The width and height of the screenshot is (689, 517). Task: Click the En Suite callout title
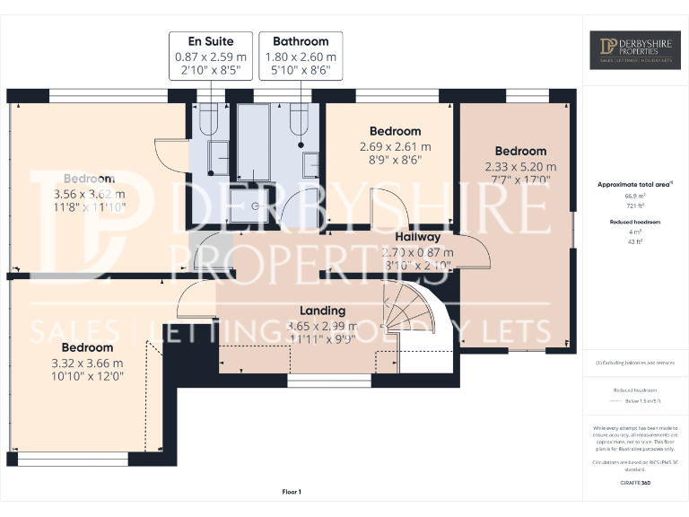click(209, 41)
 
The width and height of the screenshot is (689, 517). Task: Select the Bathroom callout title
click(301, 41)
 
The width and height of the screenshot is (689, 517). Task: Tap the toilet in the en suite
click(209, 119)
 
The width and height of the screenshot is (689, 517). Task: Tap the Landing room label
click(322, 310)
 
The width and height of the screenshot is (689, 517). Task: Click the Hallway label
click(418, 237)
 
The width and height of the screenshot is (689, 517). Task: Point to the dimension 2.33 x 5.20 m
click(520, 167)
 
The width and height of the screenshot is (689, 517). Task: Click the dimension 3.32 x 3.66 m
click(88, 364)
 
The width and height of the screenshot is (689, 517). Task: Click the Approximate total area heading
click(635, 184)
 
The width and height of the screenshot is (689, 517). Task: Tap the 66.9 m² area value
click(635, 195)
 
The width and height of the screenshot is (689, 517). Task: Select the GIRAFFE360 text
click(635, 483)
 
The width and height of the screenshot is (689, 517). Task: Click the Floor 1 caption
click(292, 491)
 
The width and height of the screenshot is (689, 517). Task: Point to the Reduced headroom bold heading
click(635, 220)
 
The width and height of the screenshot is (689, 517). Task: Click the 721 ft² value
click(635, 206)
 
